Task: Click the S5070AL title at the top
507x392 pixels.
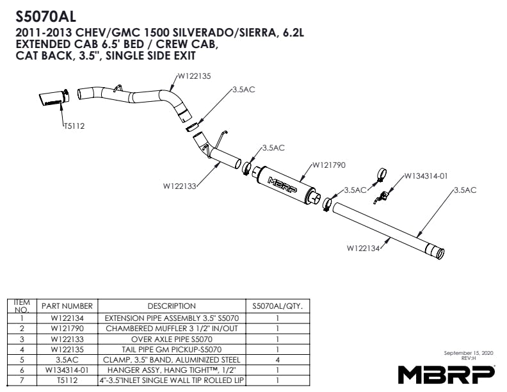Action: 45,17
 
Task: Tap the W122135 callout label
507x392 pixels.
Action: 195,76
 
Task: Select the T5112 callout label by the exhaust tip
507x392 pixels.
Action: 74,126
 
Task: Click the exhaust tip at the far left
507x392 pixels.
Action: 54,97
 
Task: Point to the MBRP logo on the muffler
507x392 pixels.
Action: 282,184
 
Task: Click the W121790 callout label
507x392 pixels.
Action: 329,165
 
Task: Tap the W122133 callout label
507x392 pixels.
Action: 180,186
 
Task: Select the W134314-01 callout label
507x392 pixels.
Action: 426,176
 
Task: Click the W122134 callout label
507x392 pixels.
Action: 363,248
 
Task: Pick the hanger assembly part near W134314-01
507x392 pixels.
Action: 382,197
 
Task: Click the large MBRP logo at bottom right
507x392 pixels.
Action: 446,375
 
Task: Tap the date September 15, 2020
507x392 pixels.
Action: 469,352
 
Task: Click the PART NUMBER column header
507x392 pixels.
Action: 67,306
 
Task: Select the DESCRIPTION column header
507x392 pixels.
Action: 172,306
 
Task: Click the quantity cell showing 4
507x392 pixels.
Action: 277,360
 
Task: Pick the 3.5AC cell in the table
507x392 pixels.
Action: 67,360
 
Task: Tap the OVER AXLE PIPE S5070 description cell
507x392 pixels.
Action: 172,339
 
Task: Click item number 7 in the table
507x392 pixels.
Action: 22,380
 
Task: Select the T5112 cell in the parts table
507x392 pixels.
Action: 67,380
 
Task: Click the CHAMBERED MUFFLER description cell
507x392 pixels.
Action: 172,329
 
